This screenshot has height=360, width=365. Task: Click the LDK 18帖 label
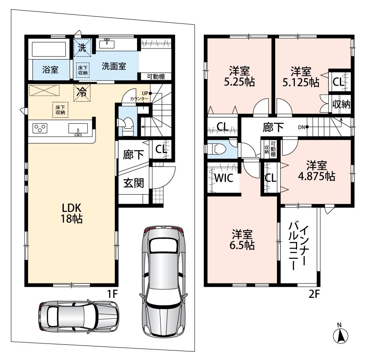point(72,213)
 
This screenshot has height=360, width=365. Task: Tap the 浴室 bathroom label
point(50,70)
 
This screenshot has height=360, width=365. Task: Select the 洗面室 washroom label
point(114,66)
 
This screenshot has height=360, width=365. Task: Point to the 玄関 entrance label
point(133,183)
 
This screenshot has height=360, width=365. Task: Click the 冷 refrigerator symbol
point(82,93)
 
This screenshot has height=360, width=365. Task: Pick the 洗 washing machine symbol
point(82,48)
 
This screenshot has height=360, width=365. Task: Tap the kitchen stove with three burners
point(40,128)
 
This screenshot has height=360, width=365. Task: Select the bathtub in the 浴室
point(49,49)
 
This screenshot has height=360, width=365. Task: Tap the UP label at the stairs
point(145,93)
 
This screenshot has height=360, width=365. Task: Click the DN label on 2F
point(302,127)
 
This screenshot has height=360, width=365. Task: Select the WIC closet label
point(224,178)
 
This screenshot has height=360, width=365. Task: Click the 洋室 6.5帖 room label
point(242,240)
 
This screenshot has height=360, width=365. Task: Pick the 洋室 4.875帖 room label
point(316,171)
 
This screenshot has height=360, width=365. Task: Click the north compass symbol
point(341,334)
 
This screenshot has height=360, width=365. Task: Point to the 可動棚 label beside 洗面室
point(156,77)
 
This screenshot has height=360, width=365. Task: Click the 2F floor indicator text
point(314,294)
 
